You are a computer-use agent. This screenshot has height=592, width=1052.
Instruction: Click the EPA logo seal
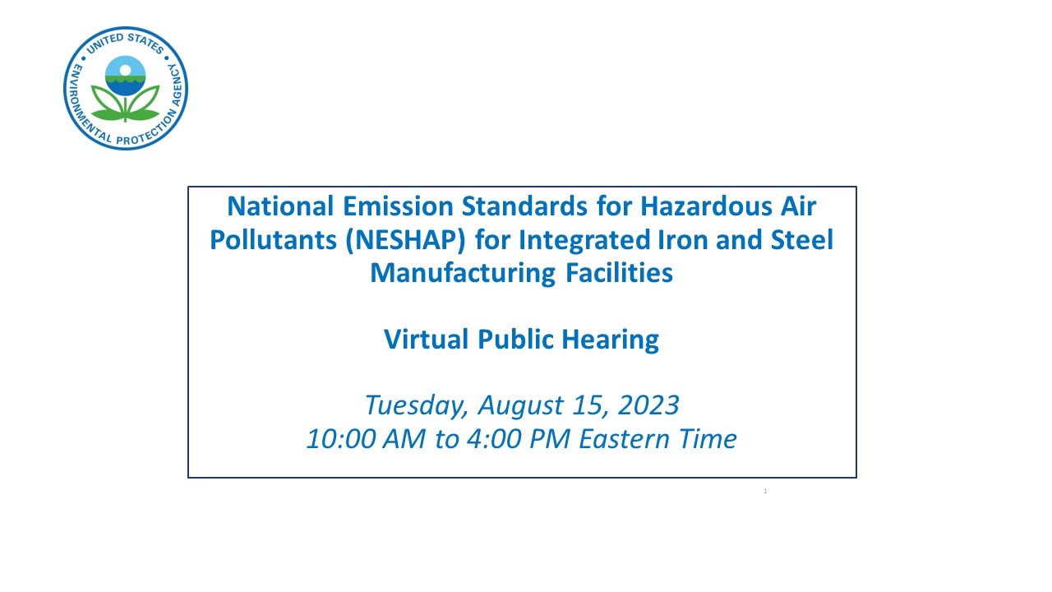pos(126,88)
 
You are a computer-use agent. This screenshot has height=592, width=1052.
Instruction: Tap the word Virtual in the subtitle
pos(427,338)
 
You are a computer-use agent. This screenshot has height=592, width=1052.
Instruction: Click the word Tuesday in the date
pos(416,405)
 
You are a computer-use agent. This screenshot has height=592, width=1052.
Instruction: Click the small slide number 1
pos(765,491)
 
